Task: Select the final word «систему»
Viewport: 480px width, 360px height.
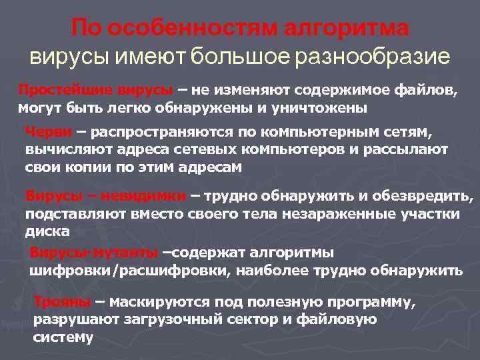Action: [63, 337]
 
